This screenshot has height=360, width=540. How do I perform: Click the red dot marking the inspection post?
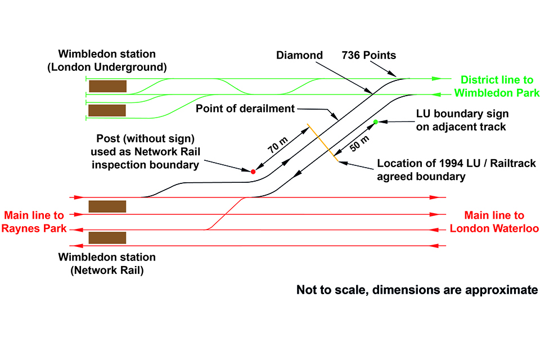(x=253, y=171)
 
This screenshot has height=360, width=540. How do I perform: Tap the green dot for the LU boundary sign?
(x=376, y=121)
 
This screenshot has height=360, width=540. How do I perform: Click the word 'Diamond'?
(x=299, y=55)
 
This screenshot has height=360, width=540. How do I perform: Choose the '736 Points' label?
(x=369, y=55)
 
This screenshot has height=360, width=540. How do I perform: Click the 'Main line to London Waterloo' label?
(x=494, y=222)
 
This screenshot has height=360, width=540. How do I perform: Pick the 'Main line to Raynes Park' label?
(x=35, y=222)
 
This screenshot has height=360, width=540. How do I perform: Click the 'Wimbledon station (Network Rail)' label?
(x=107, y=264)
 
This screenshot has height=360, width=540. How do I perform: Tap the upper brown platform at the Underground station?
(x=107, y=86)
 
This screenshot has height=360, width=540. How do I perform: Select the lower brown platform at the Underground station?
(x=107, y=110)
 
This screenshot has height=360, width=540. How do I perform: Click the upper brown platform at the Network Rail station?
(x=107, y=206)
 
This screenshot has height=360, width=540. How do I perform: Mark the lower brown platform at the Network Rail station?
(x=107, y=237)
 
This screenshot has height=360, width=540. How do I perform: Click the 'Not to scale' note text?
(x=417, y=290)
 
